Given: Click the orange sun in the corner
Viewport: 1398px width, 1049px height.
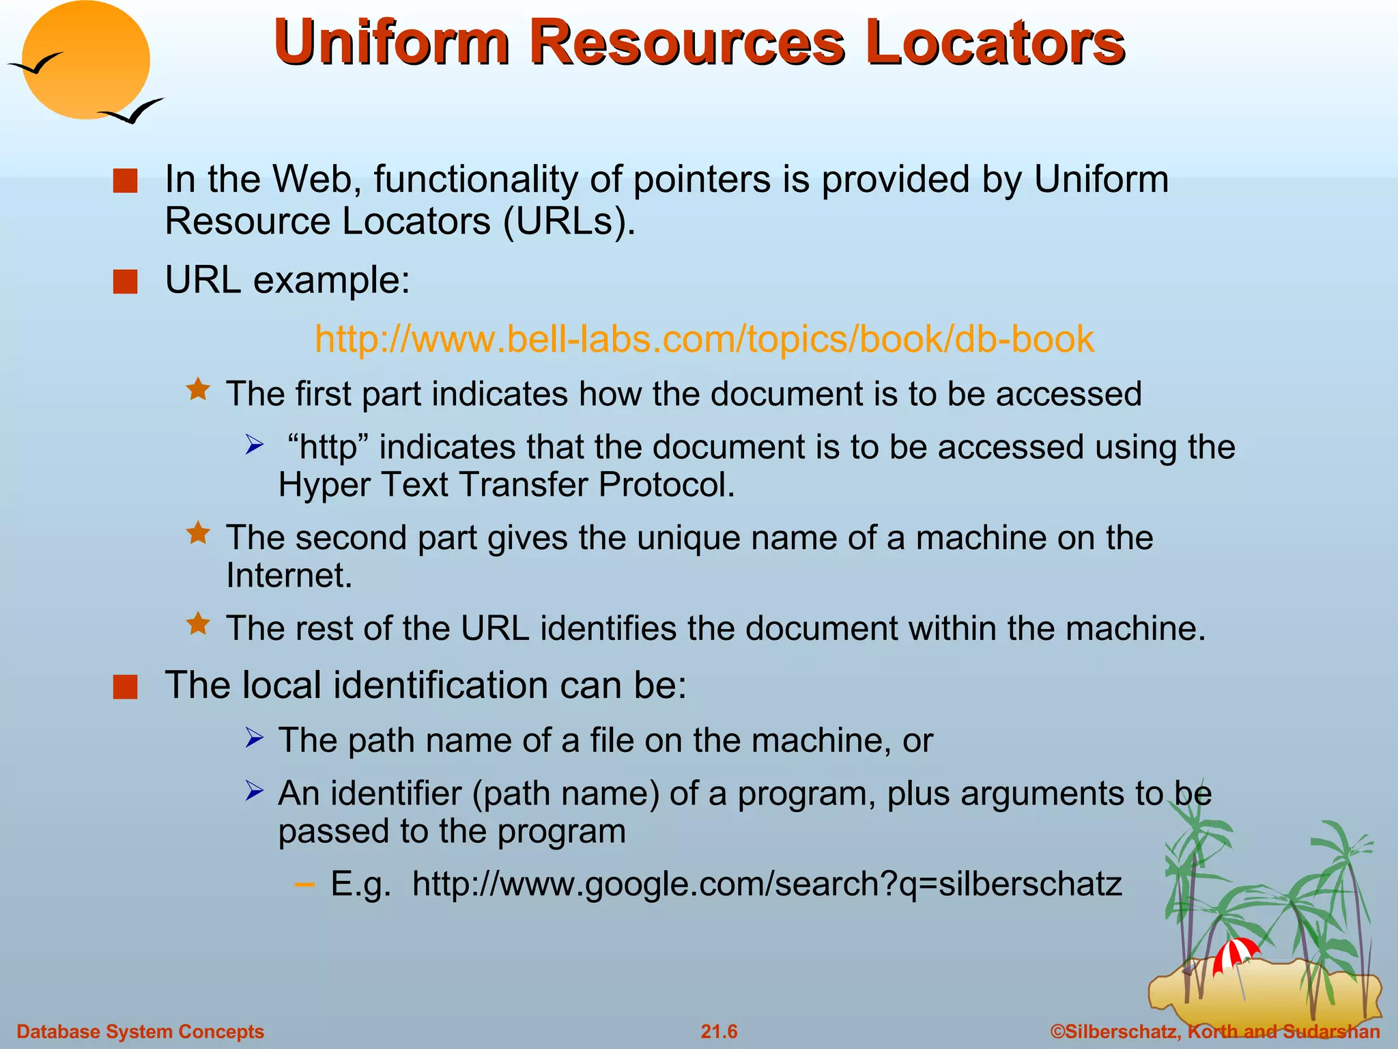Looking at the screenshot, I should [85, 60].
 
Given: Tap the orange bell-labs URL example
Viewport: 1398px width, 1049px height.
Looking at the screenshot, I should [704, 339].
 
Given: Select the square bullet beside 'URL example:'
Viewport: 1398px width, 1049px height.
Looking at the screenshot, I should [126, 281].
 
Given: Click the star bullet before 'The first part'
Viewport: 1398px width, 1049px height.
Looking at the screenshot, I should [198, 390].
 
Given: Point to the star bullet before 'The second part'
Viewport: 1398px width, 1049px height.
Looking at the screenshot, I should [198, 533].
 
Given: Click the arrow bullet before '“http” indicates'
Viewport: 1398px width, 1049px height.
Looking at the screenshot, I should [254, 446].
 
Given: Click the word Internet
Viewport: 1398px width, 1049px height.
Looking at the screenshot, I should [289, 575].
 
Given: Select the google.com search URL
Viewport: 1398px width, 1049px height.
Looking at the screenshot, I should [767, 884].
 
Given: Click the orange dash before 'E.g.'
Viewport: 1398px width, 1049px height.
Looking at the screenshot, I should [304, 885].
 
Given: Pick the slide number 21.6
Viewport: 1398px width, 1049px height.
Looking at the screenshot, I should [719, 1031].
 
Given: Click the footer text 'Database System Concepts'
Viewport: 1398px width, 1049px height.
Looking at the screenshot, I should [140, 1031].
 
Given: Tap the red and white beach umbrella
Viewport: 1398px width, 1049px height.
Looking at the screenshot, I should [1236, 953].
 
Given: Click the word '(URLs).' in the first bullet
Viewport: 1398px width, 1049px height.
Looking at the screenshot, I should [569, 221].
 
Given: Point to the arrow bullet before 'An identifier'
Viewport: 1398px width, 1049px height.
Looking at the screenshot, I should [254, 792].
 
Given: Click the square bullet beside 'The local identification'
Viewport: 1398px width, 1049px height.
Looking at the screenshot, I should [126, 686].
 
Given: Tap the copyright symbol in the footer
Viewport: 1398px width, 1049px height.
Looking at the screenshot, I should [1057, 1031].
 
